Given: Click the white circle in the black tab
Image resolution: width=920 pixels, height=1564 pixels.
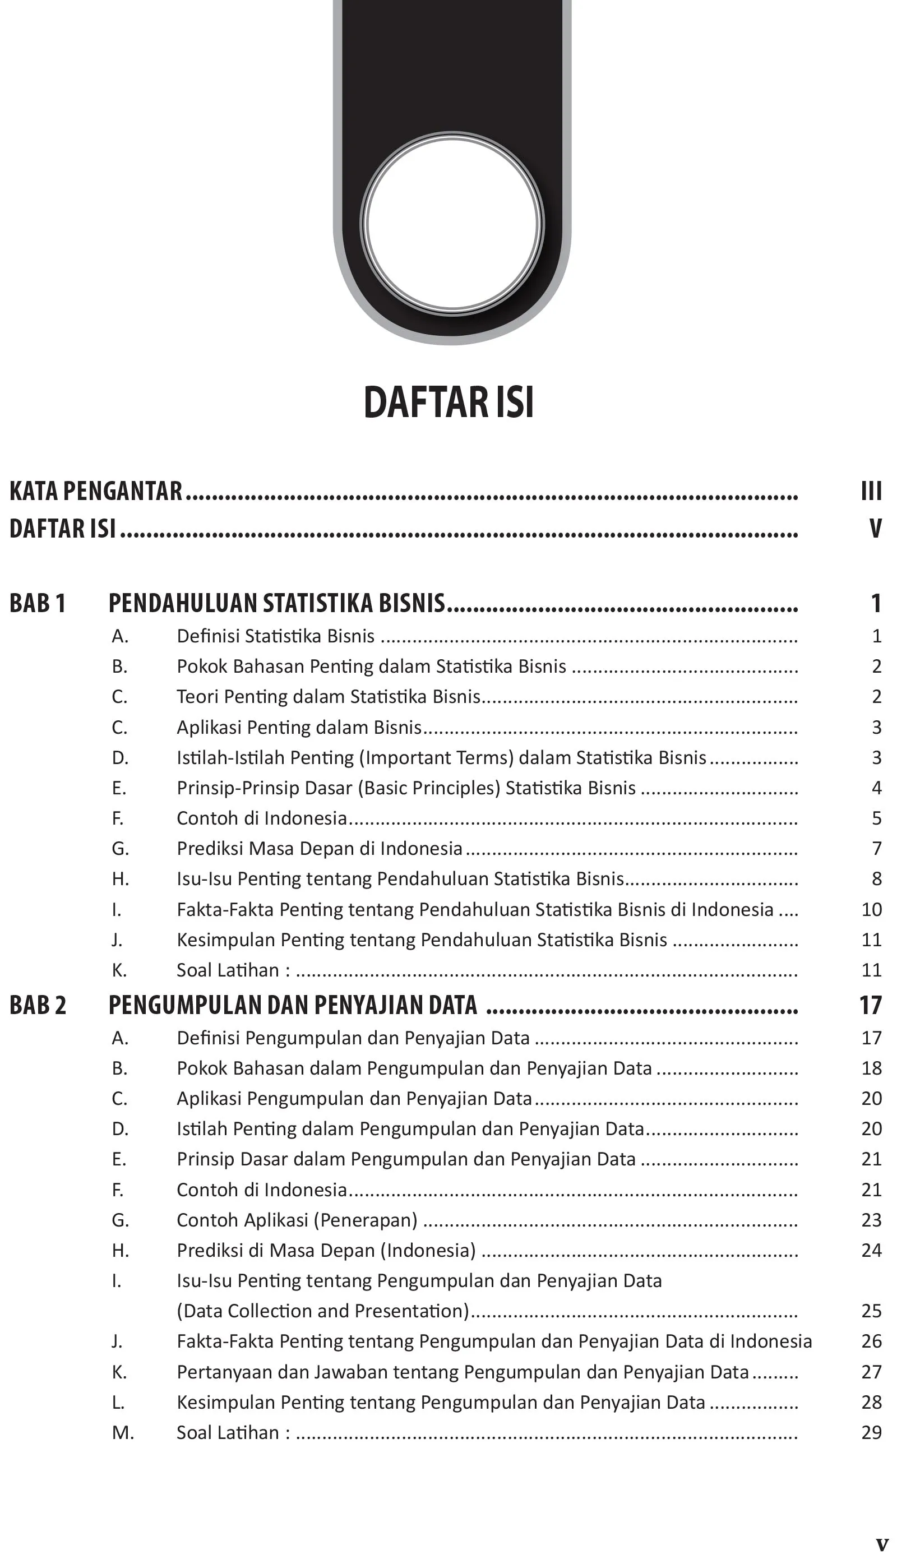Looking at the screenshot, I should [452, 224].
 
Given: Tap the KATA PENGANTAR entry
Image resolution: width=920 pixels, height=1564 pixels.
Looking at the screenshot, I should [96, 491].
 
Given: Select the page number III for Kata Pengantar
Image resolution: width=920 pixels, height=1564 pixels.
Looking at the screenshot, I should [871, 491].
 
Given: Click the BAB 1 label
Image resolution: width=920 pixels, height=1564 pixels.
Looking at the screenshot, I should [37, 603].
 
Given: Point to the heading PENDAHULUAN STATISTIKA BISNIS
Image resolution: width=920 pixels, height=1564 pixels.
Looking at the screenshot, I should [277, 603].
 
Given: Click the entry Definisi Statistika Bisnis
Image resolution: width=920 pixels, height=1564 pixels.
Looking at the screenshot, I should [276, 636].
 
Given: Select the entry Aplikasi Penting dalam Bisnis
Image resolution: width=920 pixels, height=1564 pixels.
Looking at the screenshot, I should [299, 728].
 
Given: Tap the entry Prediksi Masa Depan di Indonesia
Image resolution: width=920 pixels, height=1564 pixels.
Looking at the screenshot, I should [320, 848].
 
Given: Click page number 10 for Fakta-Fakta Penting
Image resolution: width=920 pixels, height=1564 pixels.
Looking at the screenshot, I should [872, 909].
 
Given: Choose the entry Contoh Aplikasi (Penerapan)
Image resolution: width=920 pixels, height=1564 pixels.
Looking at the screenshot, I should [297, 1220].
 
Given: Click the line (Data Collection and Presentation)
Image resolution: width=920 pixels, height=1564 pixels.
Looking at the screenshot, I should [323, 1311].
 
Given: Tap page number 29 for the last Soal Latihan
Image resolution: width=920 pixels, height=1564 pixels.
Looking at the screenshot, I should [872, 1432].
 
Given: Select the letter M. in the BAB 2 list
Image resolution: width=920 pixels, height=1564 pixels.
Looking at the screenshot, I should [123, 1433].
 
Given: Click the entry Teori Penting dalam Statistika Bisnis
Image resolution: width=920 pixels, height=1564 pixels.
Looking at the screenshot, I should [329, 697].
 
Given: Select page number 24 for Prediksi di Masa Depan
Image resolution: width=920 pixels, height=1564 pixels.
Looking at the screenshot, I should [872, 1251].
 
